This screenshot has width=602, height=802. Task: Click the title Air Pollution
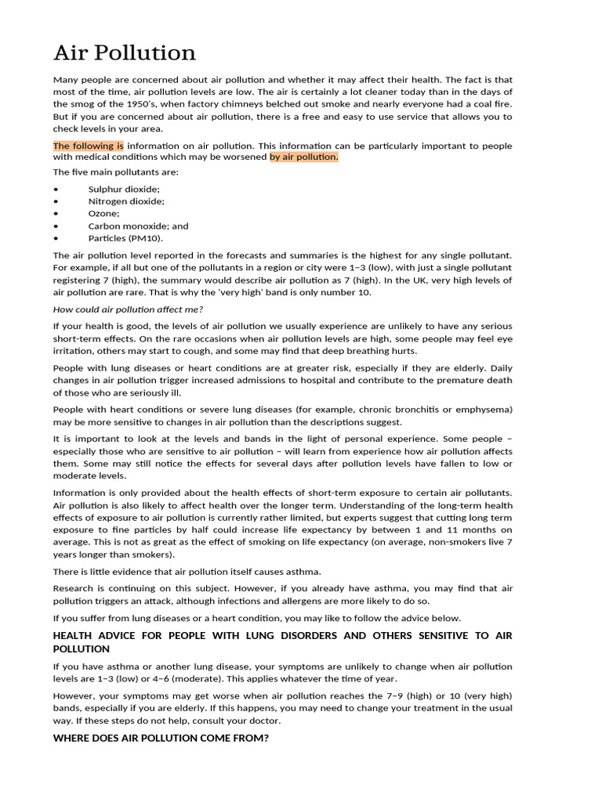click(x=124, y=53)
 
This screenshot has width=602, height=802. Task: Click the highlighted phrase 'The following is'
click(x=88, y=146)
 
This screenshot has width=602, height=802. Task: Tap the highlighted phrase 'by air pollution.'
click(x=304, y=157)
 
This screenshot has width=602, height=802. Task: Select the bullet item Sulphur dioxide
click(x=124, y=189)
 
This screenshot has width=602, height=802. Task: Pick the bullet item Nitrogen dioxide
click(x=126, y=201)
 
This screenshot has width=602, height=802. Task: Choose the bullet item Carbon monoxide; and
click(x=138, y=226)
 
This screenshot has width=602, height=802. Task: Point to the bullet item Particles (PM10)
click(x=126, y=238)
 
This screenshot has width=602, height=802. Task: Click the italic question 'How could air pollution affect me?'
click(x=129, y=309)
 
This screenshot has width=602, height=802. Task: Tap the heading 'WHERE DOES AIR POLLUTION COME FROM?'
click(x=161, y=738)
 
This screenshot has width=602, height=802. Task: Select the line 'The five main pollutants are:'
click(x=115, y=172)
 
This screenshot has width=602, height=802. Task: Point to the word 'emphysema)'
click(x=486, y=410)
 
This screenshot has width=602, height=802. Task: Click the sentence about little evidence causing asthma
click(x=187, y=572)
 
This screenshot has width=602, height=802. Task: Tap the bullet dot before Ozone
click(x=56, y=214)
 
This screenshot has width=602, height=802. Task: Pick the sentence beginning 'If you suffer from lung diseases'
click(x=257, y=618)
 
